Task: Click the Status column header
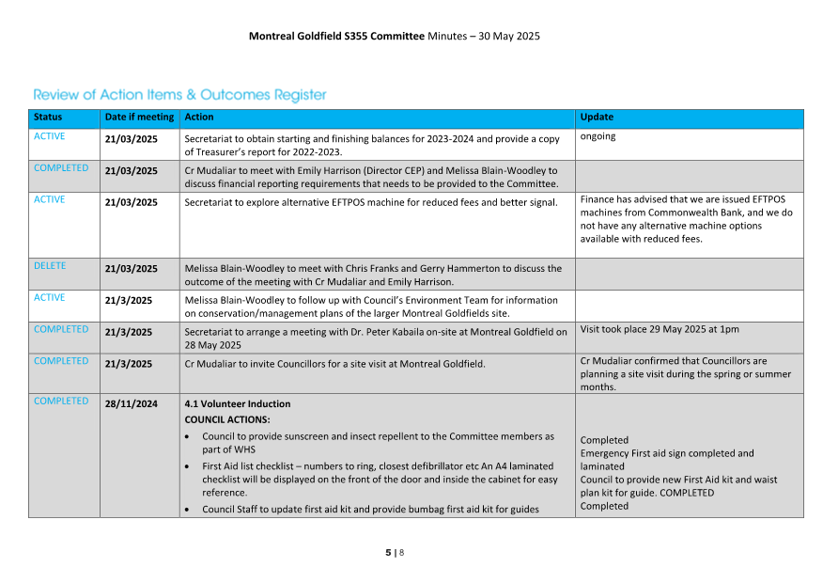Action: point(48,118)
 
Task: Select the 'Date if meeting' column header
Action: point(139,118)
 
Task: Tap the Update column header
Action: point(597,118)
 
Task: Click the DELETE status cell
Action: point(50,266)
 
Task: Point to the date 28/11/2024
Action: point(132,404)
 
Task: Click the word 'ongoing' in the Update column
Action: point(598,136)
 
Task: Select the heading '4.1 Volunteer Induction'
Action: point(238,404)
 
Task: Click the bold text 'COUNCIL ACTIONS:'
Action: point(227,419)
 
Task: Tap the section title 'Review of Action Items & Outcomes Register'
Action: point(180,95)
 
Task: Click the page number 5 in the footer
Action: point(388,553)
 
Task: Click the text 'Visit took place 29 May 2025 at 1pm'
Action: point(660,330)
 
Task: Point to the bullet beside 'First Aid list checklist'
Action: point(192,466)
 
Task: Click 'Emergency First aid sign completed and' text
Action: point(667,453)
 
